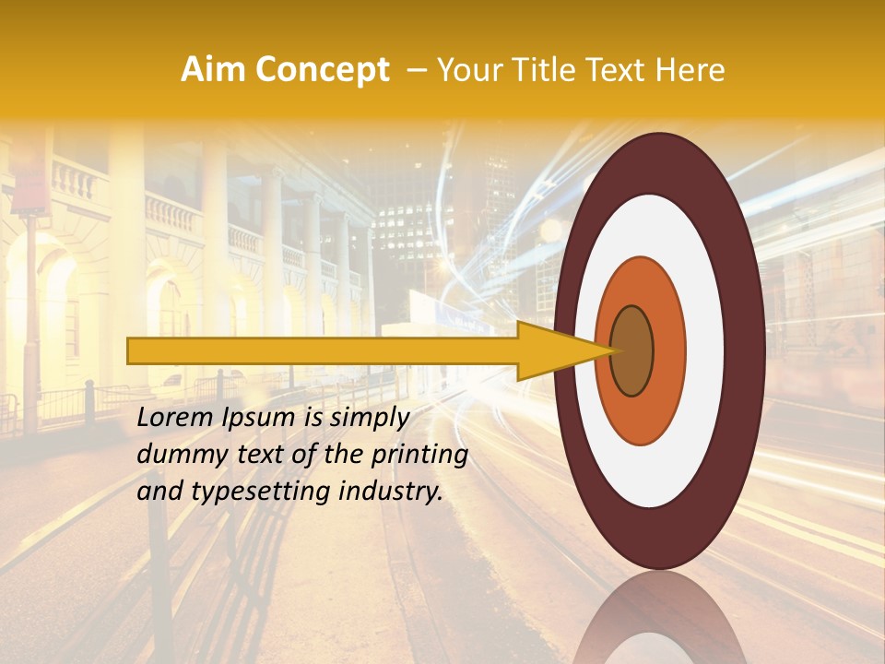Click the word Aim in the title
click(214, 70)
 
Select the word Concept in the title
click(322, 70)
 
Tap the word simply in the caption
click(365, 419)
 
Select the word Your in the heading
click(467, 70)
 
